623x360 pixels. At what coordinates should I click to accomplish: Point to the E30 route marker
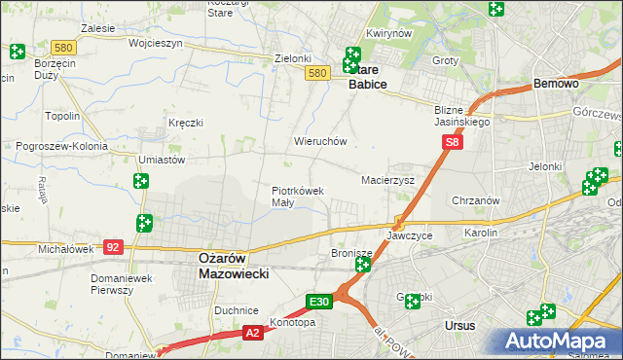click(321, 303)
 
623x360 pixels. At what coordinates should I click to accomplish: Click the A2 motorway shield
click(252, 334)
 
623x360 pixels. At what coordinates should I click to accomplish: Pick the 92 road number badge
click(114, 248)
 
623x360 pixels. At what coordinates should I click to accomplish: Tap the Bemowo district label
click(557, 85)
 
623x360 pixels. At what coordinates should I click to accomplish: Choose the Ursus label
click(458, 326)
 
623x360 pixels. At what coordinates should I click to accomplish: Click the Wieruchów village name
click(320, 141)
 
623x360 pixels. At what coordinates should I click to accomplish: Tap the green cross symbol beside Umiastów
click(141, 181)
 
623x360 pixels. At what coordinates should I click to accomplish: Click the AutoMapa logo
click(558, 342)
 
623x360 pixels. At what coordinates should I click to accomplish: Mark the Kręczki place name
click(185, 124)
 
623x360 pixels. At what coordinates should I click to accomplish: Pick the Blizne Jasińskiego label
click(461, 116)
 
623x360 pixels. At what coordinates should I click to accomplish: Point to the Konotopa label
click(293, 323)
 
